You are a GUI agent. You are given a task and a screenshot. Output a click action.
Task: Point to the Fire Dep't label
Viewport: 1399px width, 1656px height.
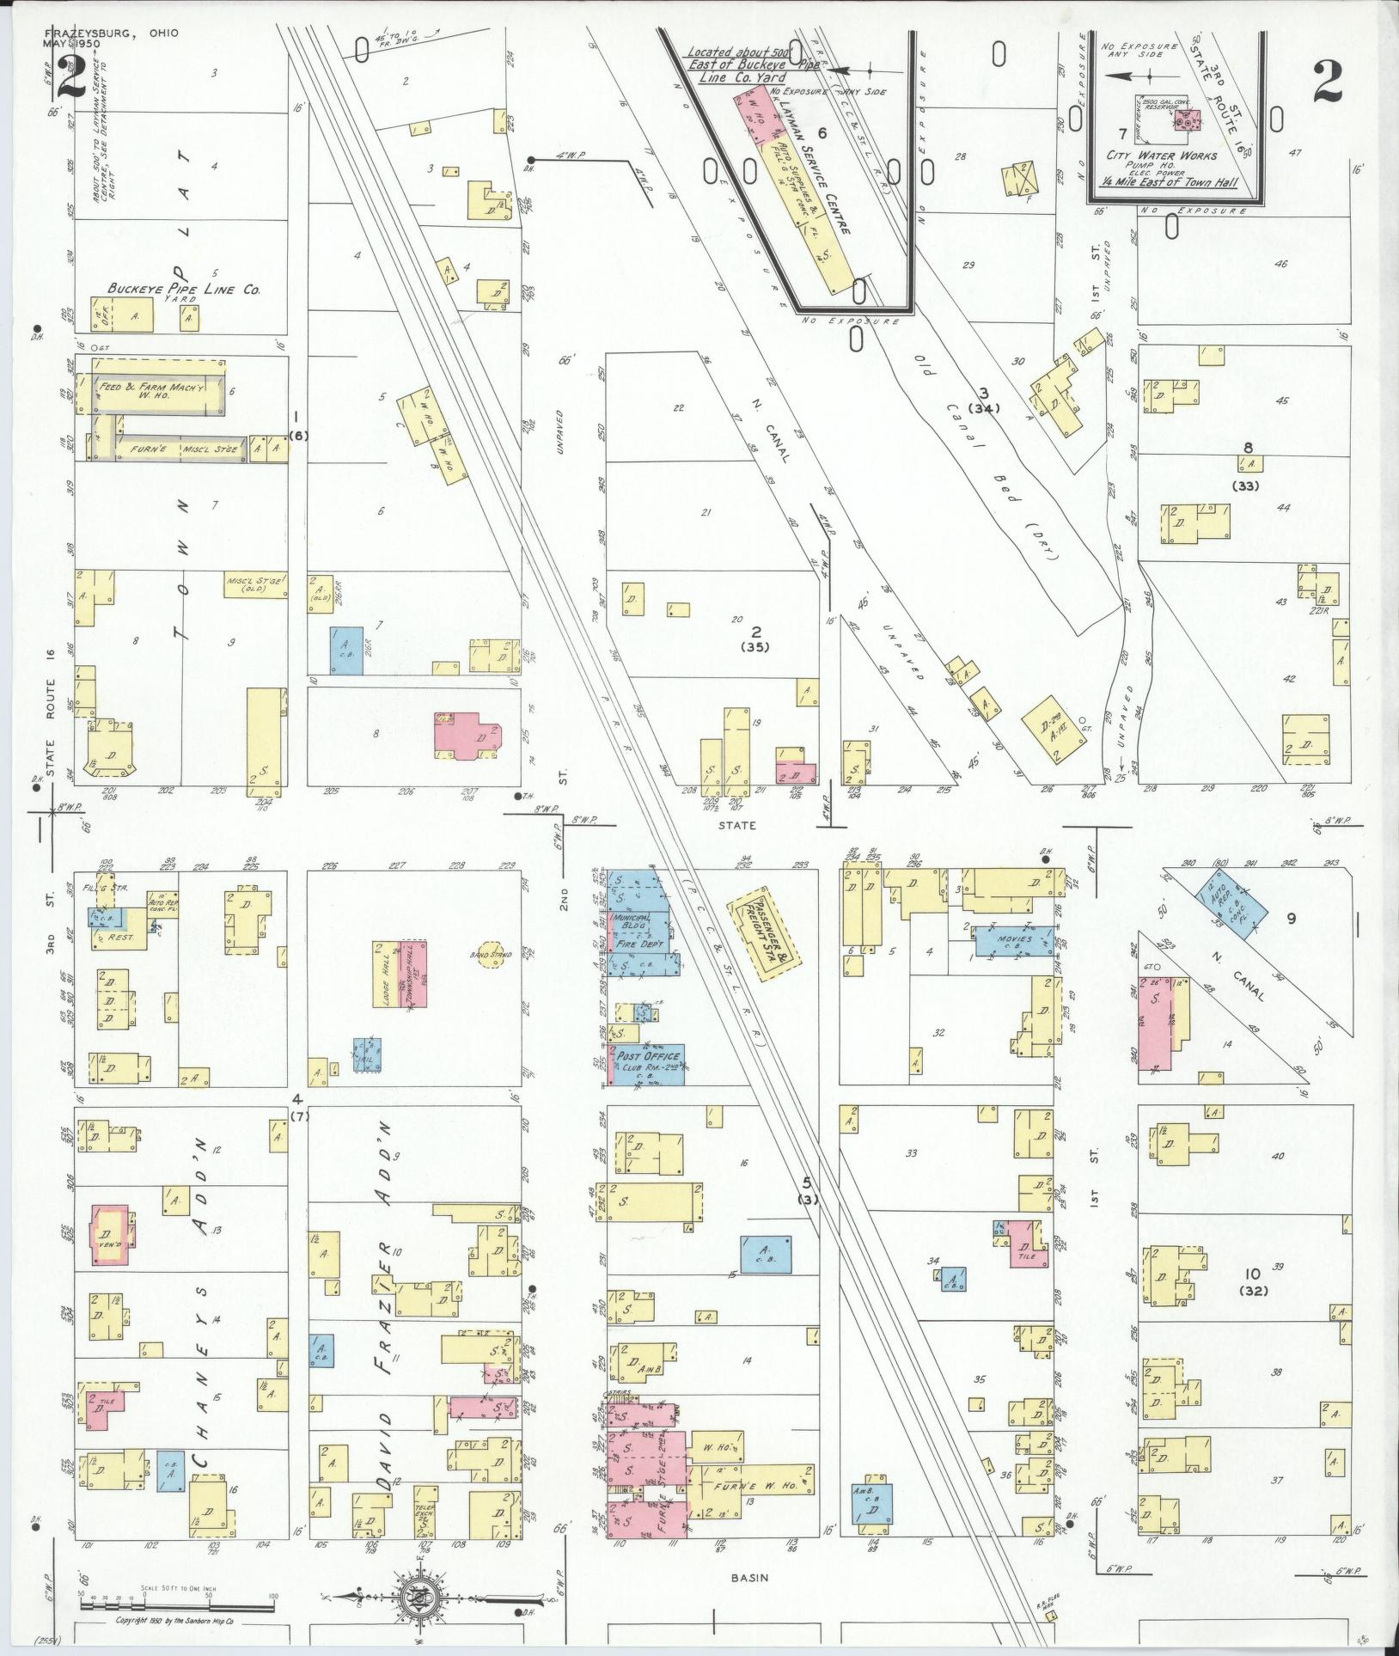tap(636, 944)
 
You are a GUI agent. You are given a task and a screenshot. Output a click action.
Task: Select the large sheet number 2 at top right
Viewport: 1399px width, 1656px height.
tap(1329, 83)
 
